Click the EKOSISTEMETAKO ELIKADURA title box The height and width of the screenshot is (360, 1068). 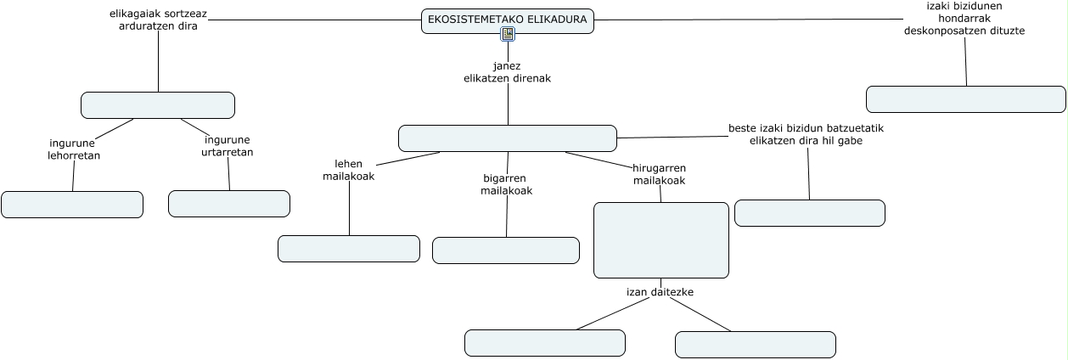(x=507, y=20)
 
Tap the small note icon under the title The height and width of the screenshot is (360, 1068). (x=508, y=34)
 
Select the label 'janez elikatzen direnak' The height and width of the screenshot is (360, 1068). (x=507, y=72)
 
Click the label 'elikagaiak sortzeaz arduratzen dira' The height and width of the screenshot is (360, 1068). (x=159, y=20)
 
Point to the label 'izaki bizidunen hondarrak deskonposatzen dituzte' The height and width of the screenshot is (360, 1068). (x=964, y=18)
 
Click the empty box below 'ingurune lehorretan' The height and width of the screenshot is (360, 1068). (x=72, y=205)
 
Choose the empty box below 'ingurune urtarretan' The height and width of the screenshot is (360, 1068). (x=229, y=204)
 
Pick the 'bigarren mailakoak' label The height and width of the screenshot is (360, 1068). (x=506, y=184)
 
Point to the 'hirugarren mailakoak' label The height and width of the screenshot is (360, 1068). (x=660, y=174)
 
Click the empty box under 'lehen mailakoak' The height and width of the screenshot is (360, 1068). (x=349, y=249)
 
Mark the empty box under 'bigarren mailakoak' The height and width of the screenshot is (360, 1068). (x=506, y=250)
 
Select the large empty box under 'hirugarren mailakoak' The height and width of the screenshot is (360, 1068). (x=661, y=240)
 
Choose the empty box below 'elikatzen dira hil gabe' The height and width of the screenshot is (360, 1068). (x=810, y=213)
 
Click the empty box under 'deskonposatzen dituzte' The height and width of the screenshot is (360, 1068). (x=966, y=99)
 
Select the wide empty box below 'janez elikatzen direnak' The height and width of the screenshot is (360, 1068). (x=508, y=138)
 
